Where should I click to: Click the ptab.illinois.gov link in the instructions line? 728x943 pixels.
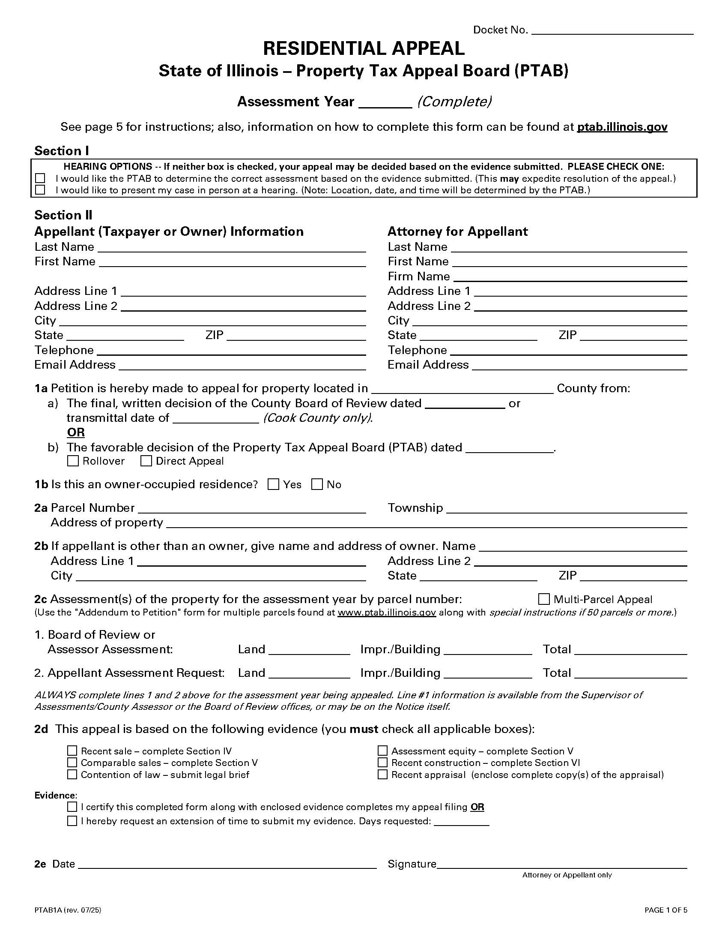[622, 127]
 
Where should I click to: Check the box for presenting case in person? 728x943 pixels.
[40, 190]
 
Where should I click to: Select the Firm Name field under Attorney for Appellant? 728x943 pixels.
[570, 277]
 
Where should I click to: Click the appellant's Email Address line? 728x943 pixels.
[242, 365]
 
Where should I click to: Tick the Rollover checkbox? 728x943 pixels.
[73, 461]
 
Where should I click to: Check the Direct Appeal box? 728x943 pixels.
[146, 461]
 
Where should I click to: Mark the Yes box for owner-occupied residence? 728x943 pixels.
[273, 484]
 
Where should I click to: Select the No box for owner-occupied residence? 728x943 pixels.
[317, 484]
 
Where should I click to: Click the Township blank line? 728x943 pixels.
[566, 508]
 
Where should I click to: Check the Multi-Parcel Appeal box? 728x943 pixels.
[544, 599]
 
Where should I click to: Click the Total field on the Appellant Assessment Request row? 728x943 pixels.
[630, 673]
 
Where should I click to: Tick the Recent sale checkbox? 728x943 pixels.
[72, 751]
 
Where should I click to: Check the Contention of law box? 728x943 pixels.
[72, 775]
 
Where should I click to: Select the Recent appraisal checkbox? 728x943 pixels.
[382, 775]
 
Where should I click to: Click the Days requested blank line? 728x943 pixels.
[462, 821]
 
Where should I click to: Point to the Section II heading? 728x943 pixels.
[63, 215]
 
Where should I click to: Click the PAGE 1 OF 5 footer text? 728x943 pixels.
[665, 910]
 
